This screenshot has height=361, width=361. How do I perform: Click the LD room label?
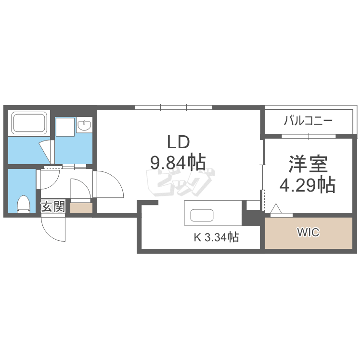click(x=179, y=142)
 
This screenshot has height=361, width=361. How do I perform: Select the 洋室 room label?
click(x=308, y=164)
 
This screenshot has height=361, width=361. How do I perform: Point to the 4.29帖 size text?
click(x=308, y=184)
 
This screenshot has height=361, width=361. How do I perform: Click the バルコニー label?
click(x=308, y=121)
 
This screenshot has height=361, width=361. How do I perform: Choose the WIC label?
click(x=308, y=232)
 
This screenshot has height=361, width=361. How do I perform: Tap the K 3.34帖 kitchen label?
click(x=216, y=237)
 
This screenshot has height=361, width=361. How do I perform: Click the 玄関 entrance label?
click(x=52, y=207)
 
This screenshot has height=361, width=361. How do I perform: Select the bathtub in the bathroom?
click(x=29, y=123)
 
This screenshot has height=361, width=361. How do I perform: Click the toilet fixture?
click(x=23, y=204)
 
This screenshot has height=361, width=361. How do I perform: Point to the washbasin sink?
click(x=85, y=126)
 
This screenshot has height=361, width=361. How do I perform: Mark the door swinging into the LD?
click(x=108, y=185)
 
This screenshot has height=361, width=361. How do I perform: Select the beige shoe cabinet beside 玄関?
click(x=81, y=208)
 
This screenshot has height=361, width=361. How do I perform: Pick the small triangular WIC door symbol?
click(x=276, y=209)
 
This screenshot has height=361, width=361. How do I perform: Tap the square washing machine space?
click(x=65, y=128)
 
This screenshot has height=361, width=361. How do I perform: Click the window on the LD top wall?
click(x=174, y=107)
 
